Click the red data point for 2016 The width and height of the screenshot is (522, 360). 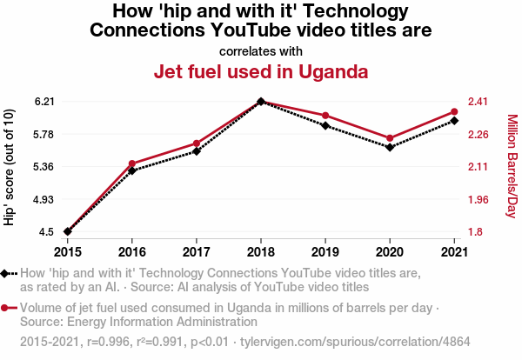point(132,163)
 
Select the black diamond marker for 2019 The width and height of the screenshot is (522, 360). point(325,126)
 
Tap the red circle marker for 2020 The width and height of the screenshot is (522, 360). point(390,138)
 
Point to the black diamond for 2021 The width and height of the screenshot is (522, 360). point(454,120)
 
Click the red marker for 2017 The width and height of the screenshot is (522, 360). point(197,143)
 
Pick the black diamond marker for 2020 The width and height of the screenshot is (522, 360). point(390,147)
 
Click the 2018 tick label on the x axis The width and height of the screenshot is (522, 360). point(261,252)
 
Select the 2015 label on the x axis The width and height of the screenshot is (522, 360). point(67,252)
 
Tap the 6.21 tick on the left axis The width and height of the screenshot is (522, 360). point(44,102)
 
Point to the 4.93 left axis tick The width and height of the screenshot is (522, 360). point(44,199)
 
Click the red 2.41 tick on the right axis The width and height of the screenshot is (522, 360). point(478,102)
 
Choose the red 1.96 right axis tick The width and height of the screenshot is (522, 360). point(478,199)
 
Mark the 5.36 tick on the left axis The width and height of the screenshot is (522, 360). point(44,167)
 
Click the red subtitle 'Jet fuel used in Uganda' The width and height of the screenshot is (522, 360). point(261,71)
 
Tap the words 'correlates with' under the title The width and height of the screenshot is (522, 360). point(261,50)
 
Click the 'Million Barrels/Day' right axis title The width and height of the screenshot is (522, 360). point(512,166)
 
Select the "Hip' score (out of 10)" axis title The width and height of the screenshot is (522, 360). point(10,166)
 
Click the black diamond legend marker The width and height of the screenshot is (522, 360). point(5,273)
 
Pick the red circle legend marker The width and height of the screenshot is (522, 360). point(5,308)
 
